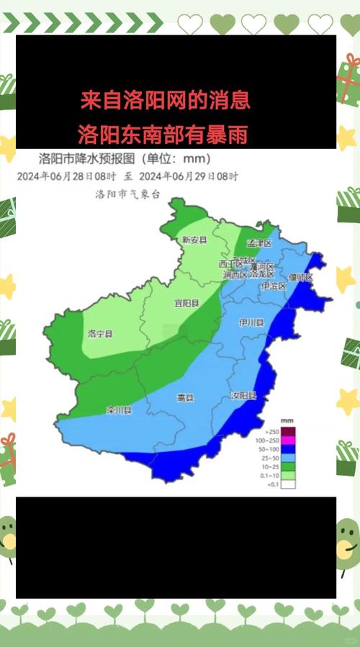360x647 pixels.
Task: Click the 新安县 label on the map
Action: (194, 240)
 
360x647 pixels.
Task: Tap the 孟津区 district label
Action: (259, 243)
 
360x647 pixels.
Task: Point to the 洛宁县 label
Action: (99, 333)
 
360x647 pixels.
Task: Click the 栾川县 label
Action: (119, 411)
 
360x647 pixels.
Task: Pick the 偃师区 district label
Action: (300, 277)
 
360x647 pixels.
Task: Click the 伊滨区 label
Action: (274, 286)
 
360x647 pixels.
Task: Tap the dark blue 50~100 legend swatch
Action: (288, 448)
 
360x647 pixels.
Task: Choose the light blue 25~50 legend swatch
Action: (288, 457)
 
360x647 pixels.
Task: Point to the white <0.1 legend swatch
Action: (288, 484)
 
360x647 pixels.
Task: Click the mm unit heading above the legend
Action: (286, 420)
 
